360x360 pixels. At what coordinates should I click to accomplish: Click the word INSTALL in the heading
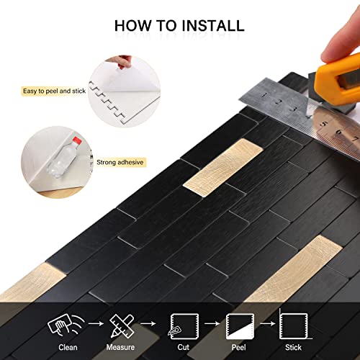point(210,26)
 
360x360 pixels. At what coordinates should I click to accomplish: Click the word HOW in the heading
point(132,26)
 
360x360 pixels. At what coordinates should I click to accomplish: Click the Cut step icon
point(179,325)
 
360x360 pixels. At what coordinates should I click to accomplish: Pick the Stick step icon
point(290,325)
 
